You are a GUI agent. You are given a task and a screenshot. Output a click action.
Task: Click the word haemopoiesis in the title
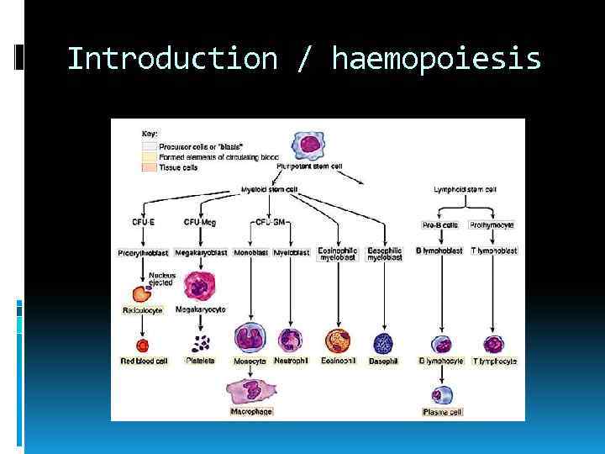(x=436, y=59)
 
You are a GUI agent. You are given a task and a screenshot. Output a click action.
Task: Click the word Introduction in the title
(x=172, y=59)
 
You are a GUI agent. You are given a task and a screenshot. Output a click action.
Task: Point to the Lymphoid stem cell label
(x=465, y=189)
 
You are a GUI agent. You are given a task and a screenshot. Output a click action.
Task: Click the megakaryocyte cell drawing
(x=200, y=287)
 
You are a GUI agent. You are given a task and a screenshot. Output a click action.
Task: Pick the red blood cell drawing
(x=143, y=344)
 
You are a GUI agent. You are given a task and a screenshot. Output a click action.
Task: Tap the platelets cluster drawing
(x=200, y=343)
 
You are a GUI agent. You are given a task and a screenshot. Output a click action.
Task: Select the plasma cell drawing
(x=442, y=394)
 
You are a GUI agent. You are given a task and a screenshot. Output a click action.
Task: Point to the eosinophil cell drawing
(x=338, y=341)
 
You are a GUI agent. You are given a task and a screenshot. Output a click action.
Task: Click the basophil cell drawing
(x=382, y=342)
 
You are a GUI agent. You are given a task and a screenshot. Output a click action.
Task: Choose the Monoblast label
(x=251, y=251)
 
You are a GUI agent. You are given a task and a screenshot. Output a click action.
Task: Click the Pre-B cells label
(x=439, y=224)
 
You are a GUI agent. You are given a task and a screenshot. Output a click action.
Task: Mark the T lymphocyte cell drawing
(x=493, y=344)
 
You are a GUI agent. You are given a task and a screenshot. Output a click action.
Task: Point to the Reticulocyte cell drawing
(x=139, y=293)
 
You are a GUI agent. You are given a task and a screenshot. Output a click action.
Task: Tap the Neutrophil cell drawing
(x=290, y=340)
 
